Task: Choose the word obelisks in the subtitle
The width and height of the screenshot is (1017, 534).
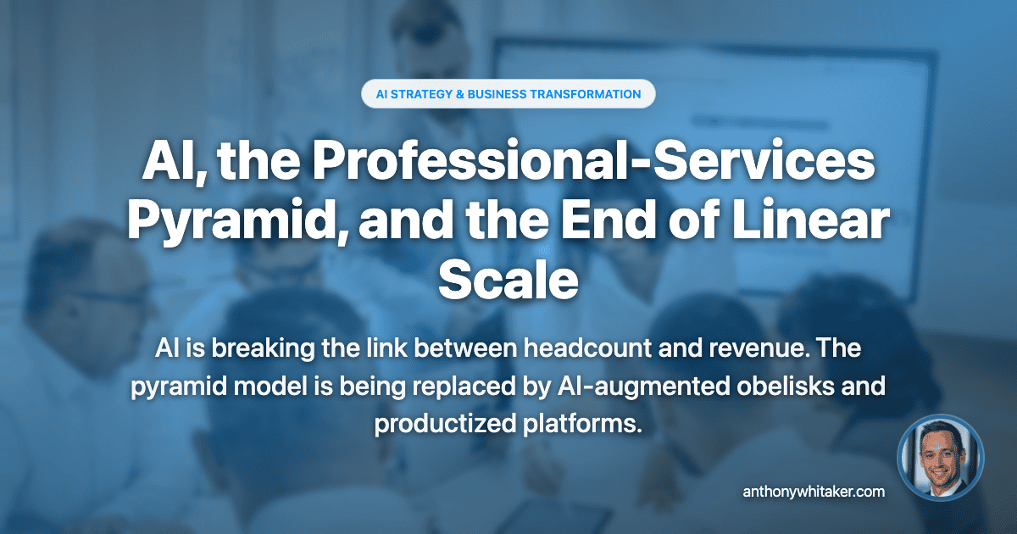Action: point(775,387)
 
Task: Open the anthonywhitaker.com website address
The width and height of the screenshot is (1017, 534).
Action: point(814,491)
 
